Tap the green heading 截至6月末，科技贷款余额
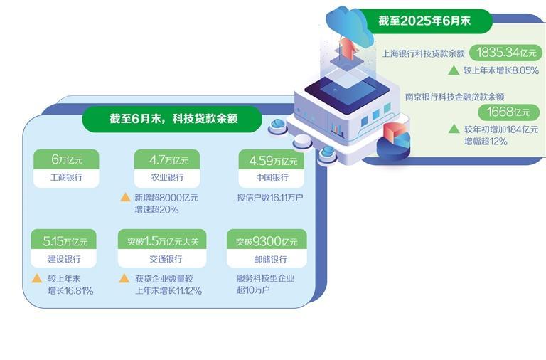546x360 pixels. [x=173, y=120]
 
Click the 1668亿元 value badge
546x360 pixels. [x=508, y=112]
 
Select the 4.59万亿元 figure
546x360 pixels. [x=271, y=160]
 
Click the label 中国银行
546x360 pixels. [x=271, y=176]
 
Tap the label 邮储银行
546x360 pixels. [x=271, y=259]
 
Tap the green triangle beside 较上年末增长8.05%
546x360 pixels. [x=453, y=70]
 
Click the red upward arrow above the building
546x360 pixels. [x=348, y=46]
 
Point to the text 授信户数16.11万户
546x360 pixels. [x=271, y=197]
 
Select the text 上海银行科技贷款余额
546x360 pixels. [x=423, y=53]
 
